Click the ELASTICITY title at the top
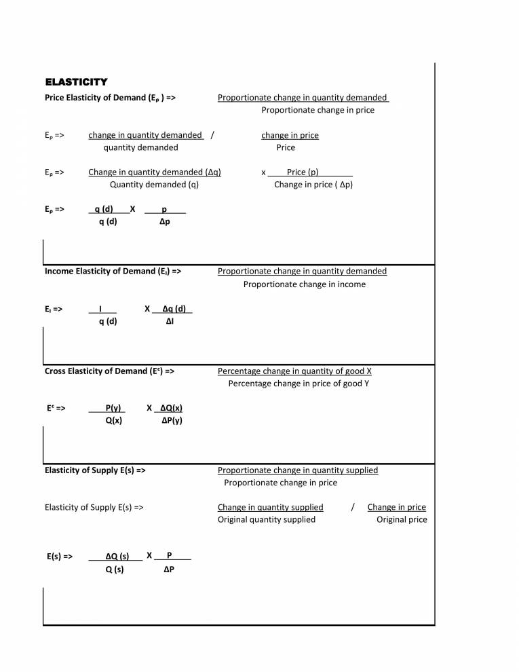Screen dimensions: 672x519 tap(76, 82)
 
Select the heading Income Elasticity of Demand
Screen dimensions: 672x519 tap(113, 272)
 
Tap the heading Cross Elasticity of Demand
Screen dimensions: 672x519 tap(109, 371)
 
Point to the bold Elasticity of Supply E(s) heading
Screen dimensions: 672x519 tap(95, 470)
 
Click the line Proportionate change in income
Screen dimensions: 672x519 tap(304, 284)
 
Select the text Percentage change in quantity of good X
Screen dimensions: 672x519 tap(294, 371)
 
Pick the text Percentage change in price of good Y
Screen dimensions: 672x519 tap(299, 384)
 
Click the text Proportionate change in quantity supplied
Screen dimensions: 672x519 tap(298, 470)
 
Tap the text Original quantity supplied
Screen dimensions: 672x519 tap(266, 519)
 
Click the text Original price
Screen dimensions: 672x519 tap(402, 519)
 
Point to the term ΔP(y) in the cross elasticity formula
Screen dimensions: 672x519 tap(172, 421)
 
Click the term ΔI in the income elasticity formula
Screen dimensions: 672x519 tap(170, 321)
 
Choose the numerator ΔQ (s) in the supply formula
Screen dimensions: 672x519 tap(117, 557)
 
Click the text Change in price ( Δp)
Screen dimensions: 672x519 tap(313, 185)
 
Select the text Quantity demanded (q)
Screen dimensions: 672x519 tap(154, 185)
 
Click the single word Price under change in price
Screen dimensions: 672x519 tap(286, 147)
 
